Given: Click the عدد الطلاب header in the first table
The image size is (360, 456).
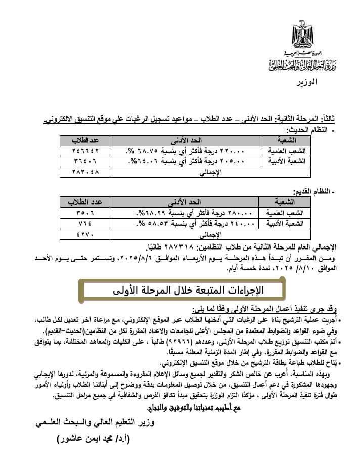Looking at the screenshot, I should point(84,140).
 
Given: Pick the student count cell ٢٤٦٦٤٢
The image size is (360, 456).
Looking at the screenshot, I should point(84,151).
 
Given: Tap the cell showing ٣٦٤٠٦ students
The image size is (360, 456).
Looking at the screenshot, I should point(84,161).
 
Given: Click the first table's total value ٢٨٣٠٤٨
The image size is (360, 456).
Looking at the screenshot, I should point(84,172).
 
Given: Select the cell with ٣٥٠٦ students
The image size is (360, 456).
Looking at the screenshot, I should point(84,213).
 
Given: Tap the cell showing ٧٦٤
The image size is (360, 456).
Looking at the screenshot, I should point(84,224).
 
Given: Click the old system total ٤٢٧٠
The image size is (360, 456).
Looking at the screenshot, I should point(84,234).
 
